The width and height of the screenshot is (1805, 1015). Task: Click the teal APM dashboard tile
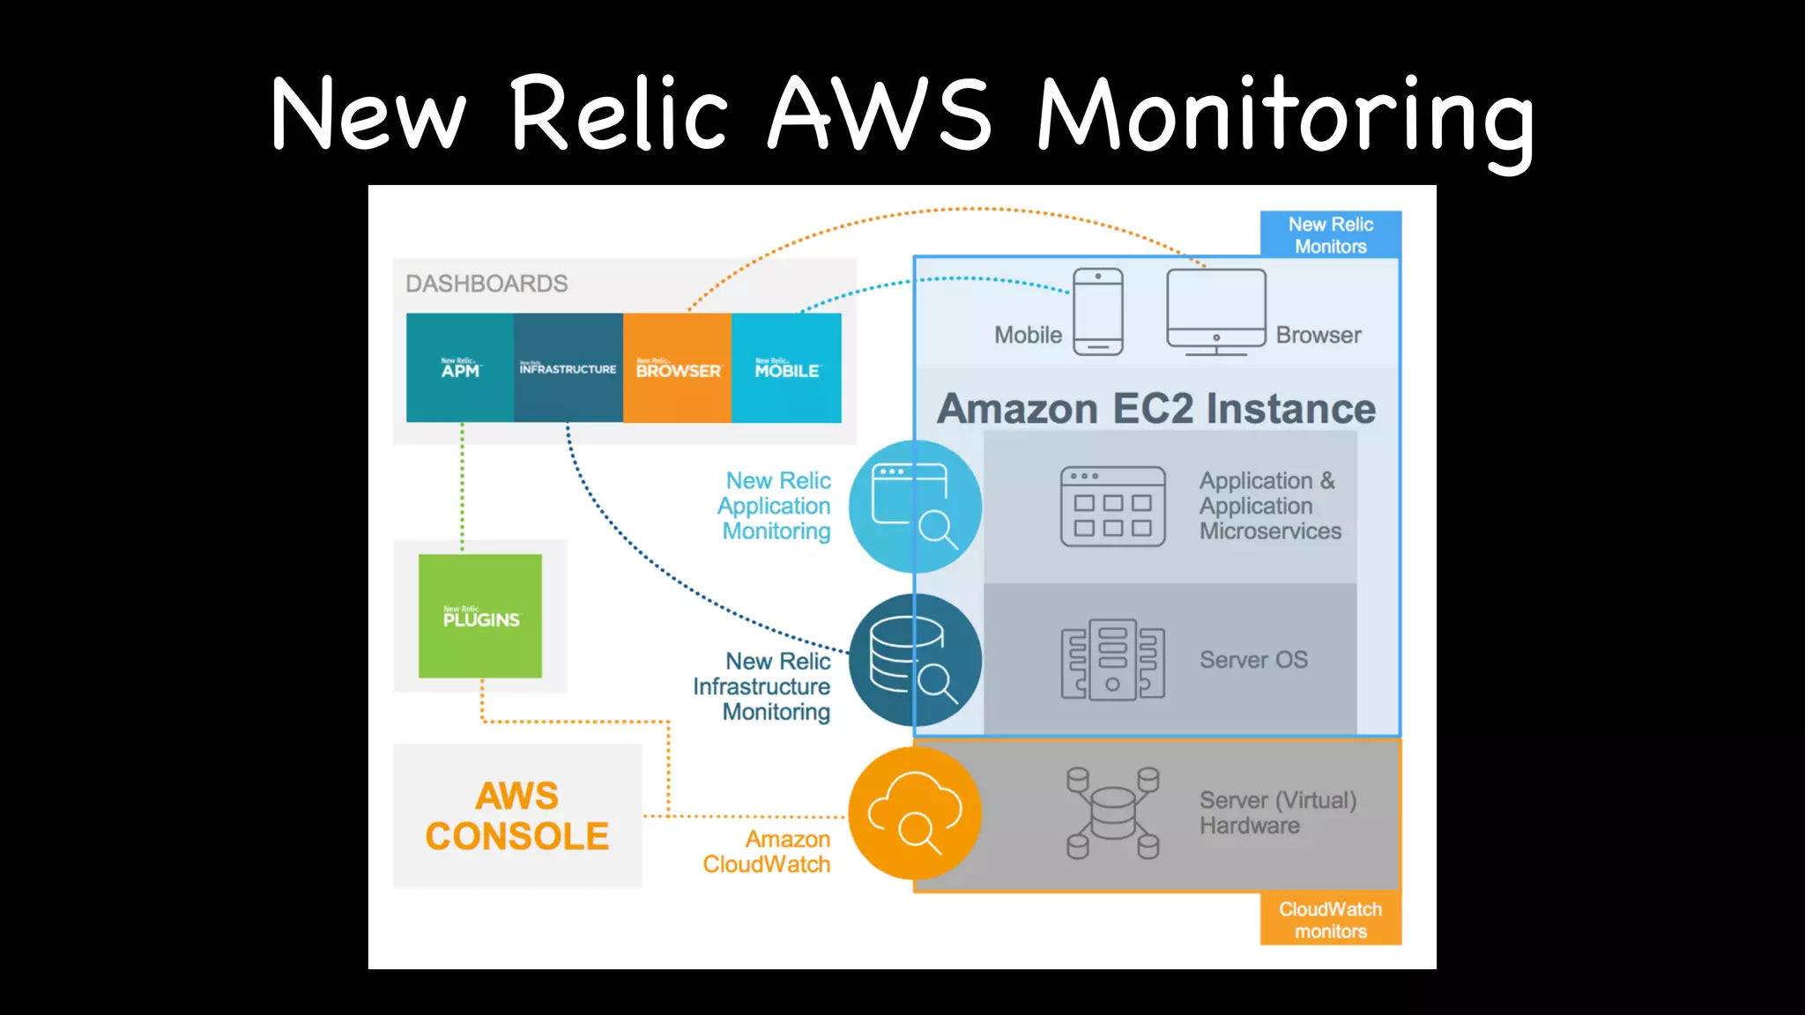pos(460,368)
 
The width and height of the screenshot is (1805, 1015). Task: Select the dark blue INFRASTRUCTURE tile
pos(568,368)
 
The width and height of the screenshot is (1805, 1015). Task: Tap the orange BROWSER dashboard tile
pos(677,368)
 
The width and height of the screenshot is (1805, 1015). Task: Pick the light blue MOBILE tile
pos(786,368)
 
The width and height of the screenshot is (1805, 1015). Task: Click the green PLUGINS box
pos(480,616)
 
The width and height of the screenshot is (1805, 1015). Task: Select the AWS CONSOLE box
pos(517,816)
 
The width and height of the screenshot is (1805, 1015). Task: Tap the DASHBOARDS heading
pos(487,284)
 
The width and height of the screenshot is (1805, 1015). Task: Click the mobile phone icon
pos(1098,312)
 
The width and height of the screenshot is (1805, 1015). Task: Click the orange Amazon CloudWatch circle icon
pos(915,813)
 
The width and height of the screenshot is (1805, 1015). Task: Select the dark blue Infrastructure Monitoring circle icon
pos(915,660)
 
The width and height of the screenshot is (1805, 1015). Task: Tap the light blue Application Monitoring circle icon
pos(915,507)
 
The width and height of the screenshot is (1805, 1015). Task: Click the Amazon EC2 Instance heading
pos(1156,409)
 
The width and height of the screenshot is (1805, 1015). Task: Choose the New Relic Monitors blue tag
pos(1331,235)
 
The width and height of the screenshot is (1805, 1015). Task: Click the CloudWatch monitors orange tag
pos(1331,920)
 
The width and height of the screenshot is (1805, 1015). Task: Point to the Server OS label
pos(1253,660)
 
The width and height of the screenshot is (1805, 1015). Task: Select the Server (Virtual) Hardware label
pos(1277,812)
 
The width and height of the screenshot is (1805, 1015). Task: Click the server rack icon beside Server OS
pos(1112,660)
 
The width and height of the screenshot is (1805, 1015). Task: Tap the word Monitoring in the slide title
pos(1285,115)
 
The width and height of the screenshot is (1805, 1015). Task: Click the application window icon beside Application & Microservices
pos(1112,507)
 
